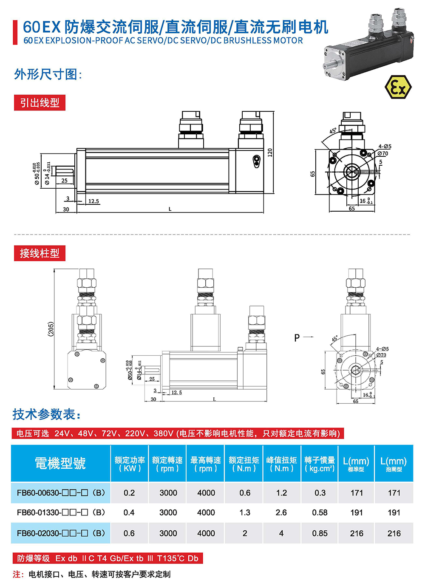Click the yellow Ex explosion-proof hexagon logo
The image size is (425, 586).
pyautogui.click(x=398, y=87)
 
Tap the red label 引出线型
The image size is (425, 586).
pyautogui.click(x=40, y=103)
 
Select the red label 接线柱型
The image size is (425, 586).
pyautogui.click(x=40, y=253)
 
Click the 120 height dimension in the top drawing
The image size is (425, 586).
pyautogui.click(x=270, y=153)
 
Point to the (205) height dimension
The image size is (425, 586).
pyautogui.click(x=51, y=329)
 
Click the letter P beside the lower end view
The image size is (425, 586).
pyautogui.click(x=297, y=338)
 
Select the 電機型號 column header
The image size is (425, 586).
pyautogui.click(x=60, y=463)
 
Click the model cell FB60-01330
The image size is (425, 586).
pyautogui.click(x=60, y=512)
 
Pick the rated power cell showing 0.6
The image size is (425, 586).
pyautogui.click(x=129, y=533)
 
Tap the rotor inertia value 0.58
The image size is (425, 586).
pyautogui.click(x=320, y=512)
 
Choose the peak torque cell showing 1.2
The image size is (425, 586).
pyautogui.click(x=281, y=493)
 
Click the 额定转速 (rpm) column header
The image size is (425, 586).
pyautogui.click(x=167, y=464)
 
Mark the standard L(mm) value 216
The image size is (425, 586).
pyautogui.click(x=357, y=533)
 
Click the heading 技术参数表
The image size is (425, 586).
pyautogui.click(x=46, y=414)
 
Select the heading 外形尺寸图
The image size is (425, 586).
pyautogui.click(x=48, y=74)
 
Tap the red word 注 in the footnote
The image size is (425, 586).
pyautogui.click(x=17, y=574)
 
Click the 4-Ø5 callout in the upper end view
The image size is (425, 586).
pyautogui.click(x=385, y=147)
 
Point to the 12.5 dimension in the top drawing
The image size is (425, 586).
pyautogui.click(x=93, y=201)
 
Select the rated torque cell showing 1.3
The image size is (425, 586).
pyautogui.click(x=245, y=512)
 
